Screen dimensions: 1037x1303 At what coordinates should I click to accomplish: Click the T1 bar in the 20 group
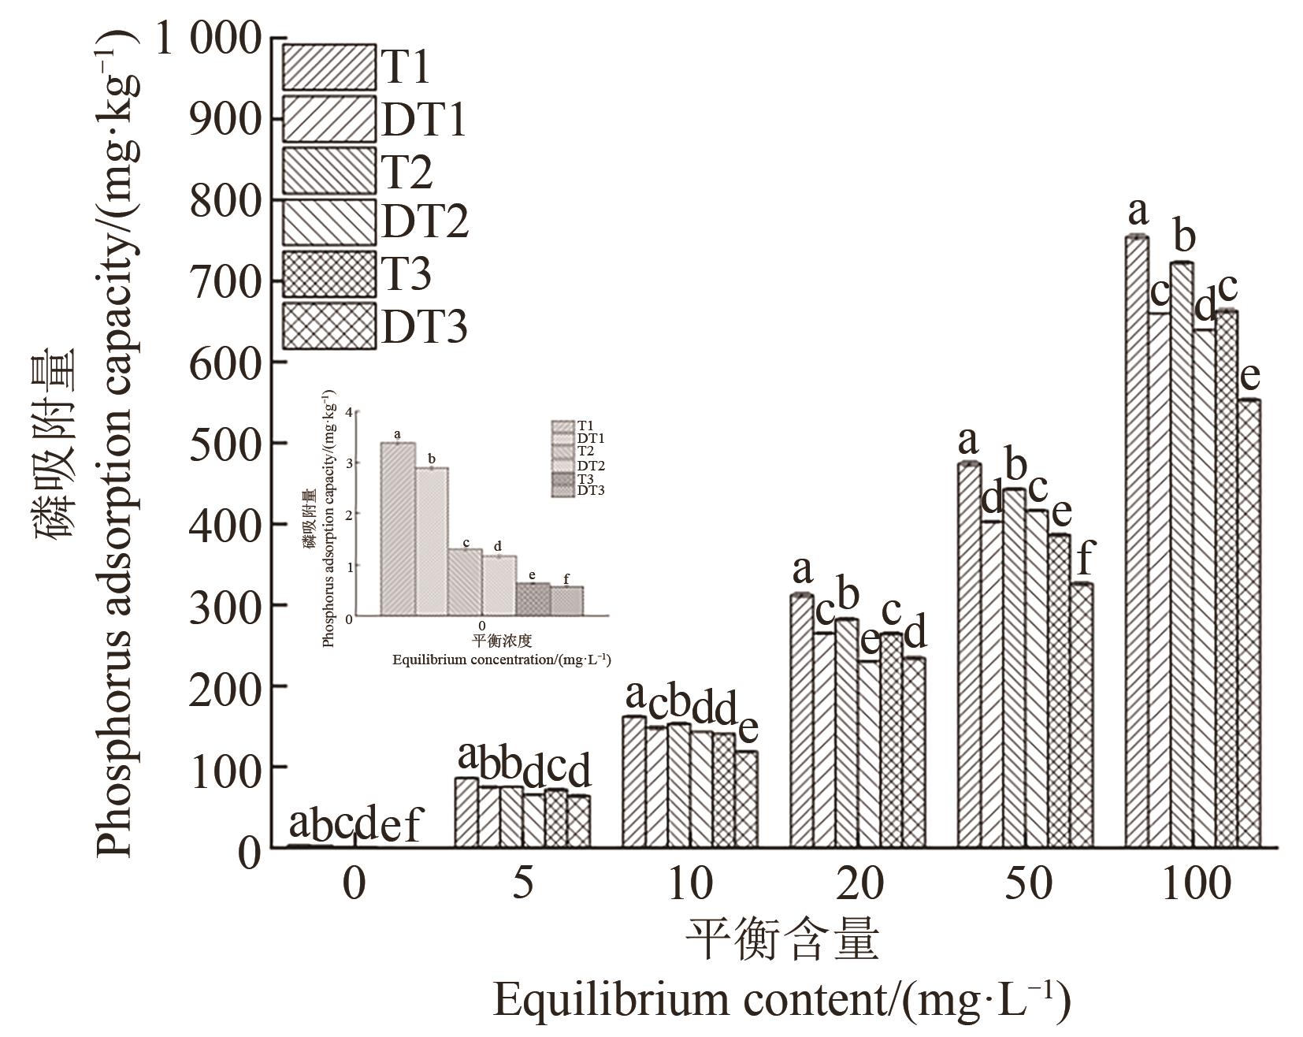tap(801, 721)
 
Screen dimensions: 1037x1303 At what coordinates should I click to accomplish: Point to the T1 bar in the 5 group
tap(466, 812)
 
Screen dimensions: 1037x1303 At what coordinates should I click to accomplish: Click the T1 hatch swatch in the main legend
tap(329, 67)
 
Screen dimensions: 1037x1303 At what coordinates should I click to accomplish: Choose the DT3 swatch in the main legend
tap(329, 325)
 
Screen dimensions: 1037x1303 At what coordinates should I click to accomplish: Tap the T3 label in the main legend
tap(406, 274)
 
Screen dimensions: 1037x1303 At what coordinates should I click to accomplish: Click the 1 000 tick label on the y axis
tap(208, 38)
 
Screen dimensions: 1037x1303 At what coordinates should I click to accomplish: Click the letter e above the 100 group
tap(1249, 377)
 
